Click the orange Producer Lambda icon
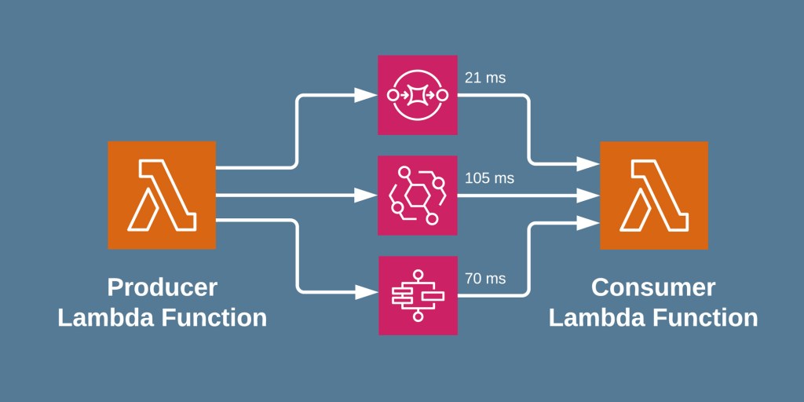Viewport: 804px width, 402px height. (x=162, y=195)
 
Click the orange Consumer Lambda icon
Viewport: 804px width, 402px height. (x=653, y=195)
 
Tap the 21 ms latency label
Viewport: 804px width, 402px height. (x=485, y=78)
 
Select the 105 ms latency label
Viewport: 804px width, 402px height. (x=489, y=178)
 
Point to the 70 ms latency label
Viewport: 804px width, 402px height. (x=485, y=278)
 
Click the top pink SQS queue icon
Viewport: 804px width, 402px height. (x=418, y=95)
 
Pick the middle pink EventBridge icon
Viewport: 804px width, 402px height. (x=418, y=195)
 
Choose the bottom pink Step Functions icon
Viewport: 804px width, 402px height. (x=418, y=295)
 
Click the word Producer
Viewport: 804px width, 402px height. (x=162, y=287)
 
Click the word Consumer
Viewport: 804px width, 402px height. (x=653, y=287)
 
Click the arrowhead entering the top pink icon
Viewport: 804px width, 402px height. (x=366, y=95)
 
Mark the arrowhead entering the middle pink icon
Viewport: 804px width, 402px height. (x=366, y=195)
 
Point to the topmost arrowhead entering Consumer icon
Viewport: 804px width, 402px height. (x=589, y=164)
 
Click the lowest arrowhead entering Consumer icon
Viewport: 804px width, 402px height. (x=589, y=223)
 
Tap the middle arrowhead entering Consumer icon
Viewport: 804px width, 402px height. (x=589, y=194)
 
